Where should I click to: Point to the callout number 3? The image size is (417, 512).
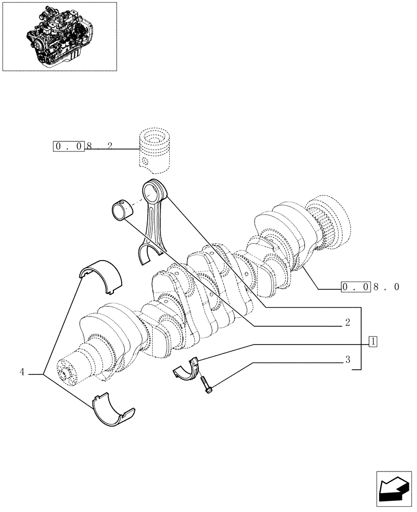click(347, 360)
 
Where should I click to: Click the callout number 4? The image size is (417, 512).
click(22, 372)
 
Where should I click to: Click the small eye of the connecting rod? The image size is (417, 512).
click(155, 193)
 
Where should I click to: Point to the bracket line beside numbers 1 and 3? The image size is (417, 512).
click(362, 338)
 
